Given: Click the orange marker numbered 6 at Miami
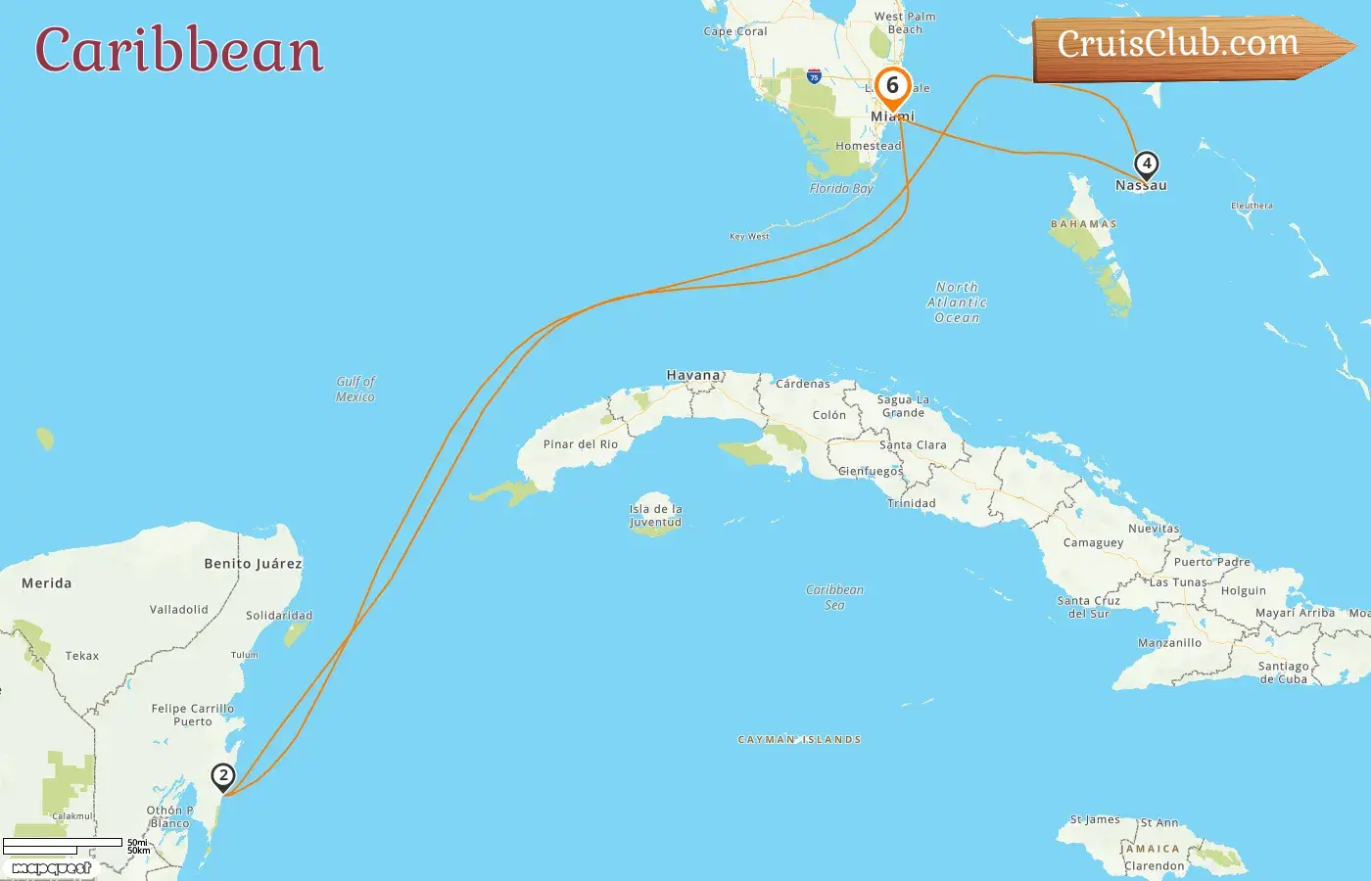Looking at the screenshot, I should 892,87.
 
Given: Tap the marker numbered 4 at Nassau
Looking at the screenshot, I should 1146,164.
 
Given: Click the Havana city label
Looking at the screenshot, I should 693,375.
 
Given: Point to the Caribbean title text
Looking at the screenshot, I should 179,50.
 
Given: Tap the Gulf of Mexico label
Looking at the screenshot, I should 355,389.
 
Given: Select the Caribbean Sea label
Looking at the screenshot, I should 834,597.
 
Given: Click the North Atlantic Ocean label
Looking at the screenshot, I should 957,302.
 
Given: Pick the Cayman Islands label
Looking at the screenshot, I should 799,740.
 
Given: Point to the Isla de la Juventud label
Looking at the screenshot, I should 655,516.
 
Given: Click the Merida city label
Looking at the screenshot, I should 47,583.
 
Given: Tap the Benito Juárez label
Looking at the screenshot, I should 253,564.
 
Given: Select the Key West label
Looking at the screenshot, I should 749,236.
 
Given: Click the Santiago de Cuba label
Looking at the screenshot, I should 1283,672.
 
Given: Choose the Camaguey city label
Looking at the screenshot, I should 1094,543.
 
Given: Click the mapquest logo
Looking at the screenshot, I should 51,868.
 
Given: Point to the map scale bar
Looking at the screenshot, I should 63,846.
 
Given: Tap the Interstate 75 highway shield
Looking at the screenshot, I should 814,76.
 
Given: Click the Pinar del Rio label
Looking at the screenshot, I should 581,444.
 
